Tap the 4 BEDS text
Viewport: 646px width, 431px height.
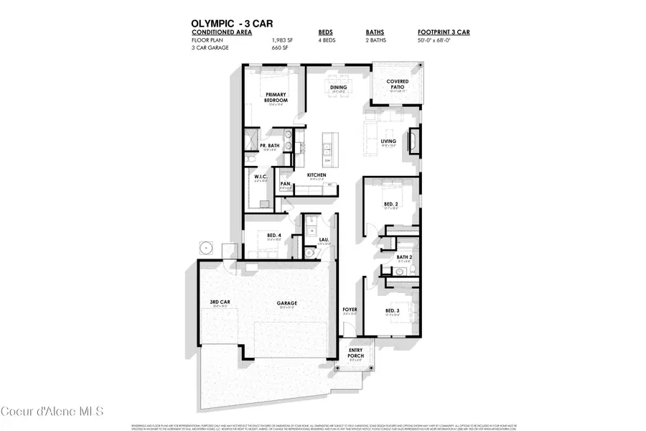coord(327,41)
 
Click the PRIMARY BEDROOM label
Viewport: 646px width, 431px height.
coord(276,97)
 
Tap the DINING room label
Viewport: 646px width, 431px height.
coord(339,88)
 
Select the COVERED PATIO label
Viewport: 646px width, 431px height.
coord(397,85)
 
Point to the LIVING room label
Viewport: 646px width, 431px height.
coord(388,141)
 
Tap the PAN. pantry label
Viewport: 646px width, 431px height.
coord(286,184)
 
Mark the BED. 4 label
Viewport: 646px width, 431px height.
coord(274,236)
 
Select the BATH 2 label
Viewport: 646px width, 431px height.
coord(405,256)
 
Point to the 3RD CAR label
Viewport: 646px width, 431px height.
coord(220,302)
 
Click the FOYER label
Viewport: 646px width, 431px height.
coord(350,310)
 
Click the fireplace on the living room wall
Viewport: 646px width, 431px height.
coord(414,141)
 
